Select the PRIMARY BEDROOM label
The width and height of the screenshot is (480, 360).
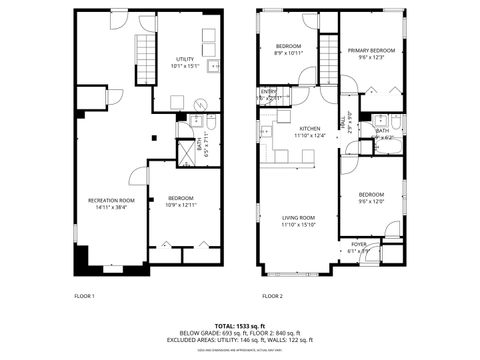point(371,50)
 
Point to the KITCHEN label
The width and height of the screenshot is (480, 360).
point(309,128)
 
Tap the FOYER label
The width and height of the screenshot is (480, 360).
point(357,243)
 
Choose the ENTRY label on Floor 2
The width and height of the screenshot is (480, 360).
point(268,92)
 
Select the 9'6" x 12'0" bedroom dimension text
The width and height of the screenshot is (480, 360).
point(370,200)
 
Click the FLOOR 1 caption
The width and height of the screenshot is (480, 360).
point(84,297)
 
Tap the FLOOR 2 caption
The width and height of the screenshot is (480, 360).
point(272,297)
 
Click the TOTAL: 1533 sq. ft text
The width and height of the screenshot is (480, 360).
point(239,326)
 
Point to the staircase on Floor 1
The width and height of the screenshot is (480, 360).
point(147,61)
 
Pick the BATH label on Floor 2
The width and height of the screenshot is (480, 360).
point(382,130)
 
